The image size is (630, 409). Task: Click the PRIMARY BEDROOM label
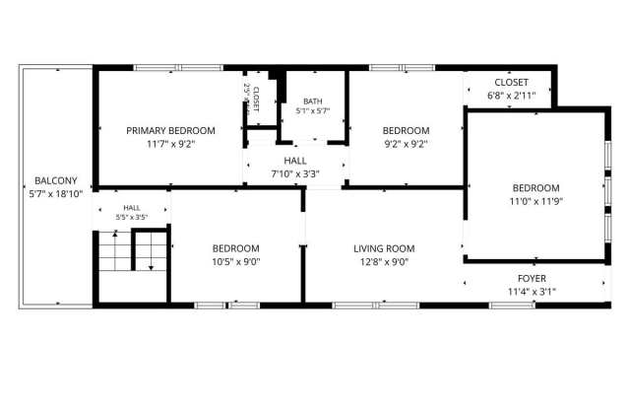tap(170, 131)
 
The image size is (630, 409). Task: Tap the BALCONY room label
tap(56, 180)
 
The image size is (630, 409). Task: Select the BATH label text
tap(313, 102)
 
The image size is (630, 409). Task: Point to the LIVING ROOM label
tap(384, 248)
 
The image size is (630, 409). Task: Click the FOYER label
tap(532, 278)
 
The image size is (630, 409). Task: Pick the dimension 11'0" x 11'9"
tap(535, 201)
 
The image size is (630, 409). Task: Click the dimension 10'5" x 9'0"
tap(236, 262)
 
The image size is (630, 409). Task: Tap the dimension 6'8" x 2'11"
tap(511, 96)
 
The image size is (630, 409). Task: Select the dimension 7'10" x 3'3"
tap(295, 174)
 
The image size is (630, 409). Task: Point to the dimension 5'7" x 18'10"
tap(56, 194)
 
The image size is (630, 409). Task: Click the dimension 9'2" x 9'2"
tap(406, 144)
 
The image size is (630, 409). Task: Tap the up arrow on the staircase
tap(115, 250)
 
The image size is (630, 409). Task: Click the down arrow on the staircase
tap(151, 250)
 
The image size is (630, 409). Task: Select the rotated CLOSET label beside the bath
tap(256, 99)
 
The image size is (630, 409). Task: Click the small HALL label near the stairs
tap(132, 208)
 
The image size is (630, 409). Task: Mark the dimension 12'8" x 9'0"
tap(384, 262)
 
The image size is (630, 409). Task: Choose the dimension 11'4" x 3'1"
tap(532, 292)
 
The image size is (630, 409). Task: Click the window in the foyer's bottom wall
tap(512, 306)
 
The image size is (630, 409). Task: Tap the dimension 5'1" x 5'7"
tap(313, 111)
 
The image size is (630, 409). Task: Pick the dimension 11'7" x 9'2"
tap(170, 144)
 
